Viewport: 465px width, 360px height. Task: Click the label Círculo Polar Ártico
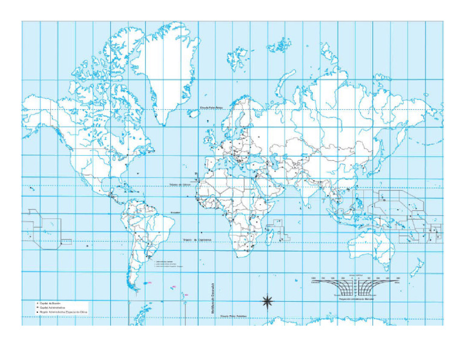[216, 109]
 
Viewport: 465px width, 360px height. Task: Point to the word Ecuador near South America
[176, 212]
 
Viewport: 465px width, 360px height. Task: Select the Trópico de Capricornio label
[197, 239]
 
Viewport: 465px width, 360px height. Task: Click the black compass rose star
[267, 301]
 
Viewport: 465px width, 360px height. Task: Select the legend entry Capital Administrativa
[53, 308]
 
